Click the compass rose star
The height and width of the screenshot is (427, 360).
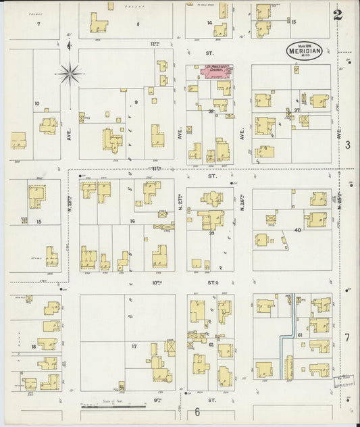(x=71, y=72)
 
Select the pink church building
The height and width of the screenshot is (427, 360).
(x=211, y=72)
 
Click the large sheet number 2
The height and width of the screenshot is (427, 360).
(x=337, y=15)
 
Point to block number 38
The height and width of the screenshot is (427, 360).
(x=211, y=111)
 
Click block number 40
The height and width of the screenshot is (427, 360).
(x=297, y=230)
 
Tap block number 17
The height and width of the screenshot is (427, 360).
(x=134, y=347)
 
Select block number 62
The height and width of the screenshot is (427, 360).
(x=211, y=345)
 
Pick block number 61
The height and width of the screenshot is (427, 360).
(x=299, y=334)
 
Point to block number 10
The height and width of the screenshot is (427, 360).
(x=36, y=104)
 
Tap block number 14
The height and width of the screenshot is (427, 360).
(x=209, y=23)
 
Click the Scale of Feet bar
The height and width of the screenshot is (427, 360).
(x=112, y=407)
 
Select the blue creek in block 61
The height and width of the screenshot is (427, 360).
(x=290, y=324)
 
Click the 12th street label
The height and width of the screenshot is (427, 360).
(x=155, y=43)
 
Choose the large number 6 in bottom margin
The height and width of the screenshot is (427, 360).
(x=198, y=412)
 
